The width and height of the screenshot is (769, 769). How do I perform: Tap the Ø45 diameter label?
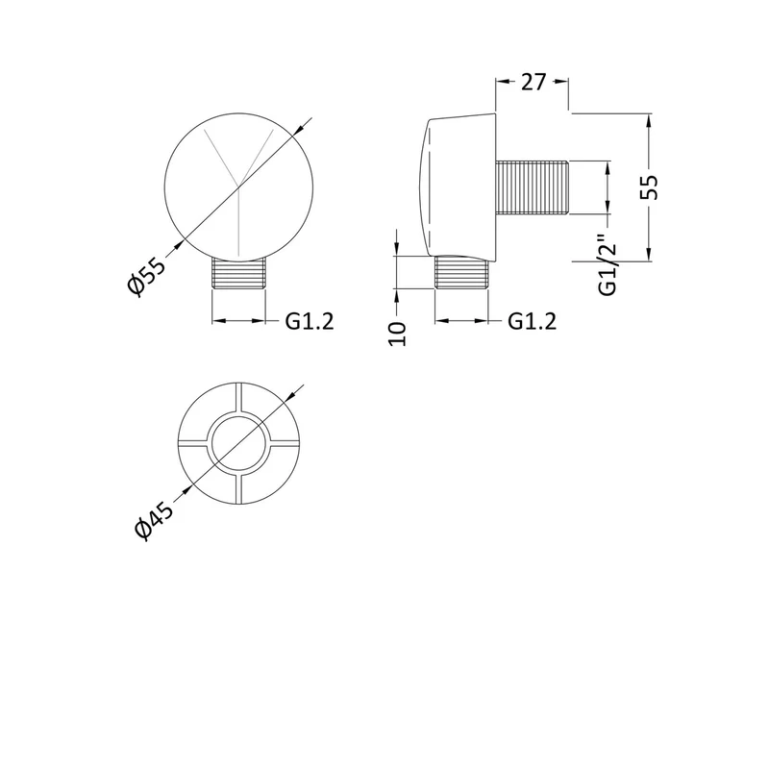[x=154, y=521]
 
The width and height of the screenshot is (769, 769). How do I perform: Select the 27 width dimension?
[x=533, y=82]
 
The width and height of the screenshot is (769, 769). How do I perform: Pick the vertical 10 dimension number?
[x=397, y=334]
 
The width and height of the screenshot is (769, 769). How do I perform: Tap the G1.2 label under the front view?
[x=310, y=322]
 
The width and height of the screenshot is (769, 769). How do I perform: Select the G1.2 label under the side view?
[x=533, y=322]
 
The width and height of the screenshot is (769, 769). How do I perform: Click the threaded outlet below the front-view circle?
[x=238, y=273]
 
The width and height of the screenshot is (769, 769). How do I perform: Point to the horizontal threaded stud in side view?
[x=533, y=187]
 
